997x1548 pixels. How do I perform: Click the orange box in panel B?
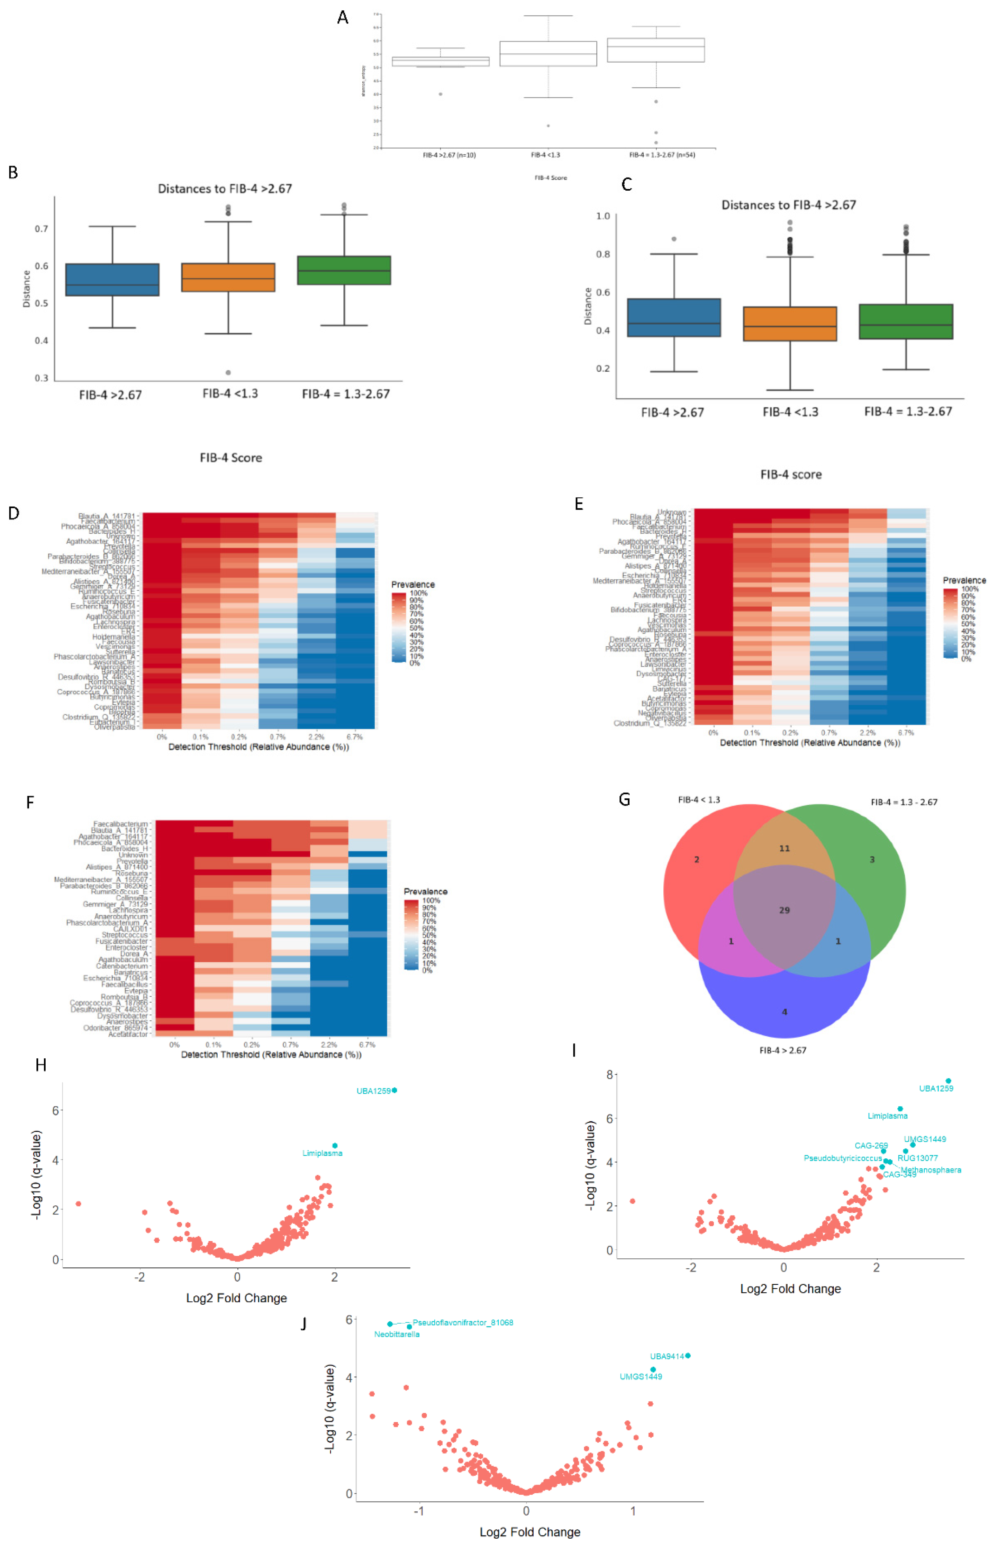point(228,277)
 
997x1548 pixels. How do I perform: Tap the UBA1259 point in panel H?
point(394,1090)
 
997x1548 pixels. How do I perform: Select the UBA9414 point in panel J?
point(688,1355)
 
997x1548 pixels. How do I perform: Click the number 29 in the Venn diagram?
point(784,909)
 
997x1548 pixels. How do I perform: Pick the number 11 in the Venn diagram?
point(784,848)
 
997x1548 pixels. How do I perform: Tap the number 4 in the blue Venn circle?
point(784,1011)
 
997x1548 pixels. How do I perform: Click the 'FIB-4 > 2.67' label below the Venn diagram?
point(783,1050)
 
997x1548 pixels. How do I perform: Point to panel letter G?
point(624,799)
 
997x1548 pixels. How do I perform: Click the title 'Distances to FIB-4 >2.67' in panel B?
point(225,188)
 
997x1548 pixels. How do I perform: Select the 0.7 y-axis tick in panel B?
point(42,228)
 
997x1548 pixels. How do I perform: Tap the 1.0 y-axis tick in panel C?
point(603,216)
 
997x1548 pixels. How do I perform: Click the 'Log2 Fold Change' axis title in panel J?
point(529,1532)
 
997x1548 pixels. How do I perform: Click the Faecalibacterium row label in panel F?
point(120,824)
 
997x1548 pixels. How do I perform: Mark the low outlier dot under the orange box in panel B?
point(228,372)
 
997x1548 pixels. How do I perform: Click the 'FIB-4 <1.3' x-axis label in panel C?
point(790,412)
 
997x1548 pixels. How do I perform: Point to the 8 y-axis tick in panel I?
point(609,1075)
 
